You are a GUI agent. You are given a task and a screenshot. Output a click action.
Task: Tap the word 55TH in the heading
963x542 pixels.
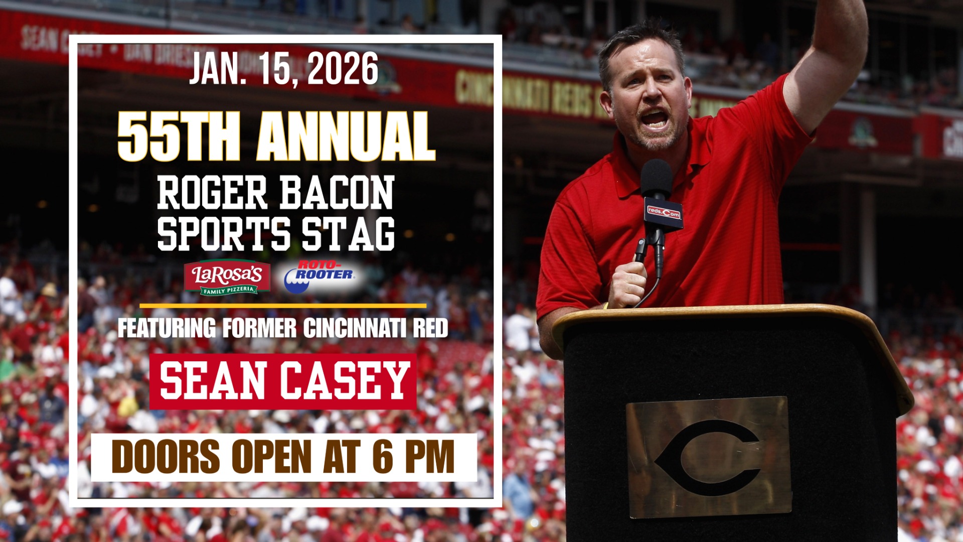click(178, 137)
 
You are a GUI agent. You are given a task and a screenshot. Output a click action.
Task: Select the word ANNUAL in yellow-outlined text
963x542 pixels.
click(346, 137)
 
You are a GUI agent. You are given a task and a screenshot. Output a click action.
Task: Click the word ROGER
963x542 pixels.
click(212, 193)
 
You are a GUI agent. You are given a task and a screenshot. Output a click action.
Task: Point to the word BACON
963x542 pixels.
click(337, 193)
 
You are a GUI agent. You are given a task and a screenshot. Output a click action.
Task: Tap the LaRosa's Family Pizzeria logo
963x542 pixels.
click(227, 277)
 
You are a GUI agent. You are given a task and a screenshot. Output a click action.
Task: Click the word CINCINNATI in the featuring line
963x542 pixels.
click(354, 328)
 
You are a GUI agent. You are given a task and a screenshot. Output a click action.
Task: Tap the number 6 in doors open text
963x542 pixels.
click(383, 457)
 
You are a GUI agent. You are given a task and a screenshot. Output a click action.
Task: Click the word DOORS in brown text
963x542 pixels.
click(166, 457)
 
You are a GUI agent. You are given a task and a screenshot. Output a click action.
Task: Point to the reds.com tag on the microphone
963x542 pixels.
click(664, 213)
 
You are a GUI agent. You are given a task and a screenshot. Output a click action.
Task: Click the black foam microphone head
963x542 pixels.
click(656, 178)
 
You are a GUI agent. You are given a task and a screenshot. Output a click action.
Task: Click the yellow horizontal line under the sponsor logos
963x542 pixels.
click(283, 305)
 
